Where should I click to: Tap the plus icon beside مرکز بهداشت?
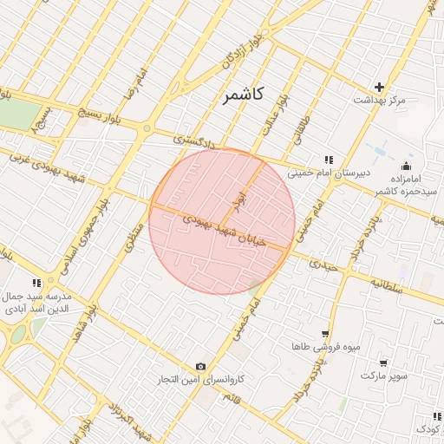click(379, 87)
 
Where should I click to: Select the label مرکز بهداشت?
click(379, 101)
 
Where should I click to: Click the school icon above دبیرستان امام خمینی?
click(329, 160)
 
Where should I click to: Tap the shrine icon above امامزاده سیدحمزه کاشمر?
click(406, 166)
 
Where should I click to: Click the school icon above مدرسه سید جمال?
click(36, 283)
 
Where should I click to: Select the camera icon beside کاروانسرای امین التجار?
click(201, 367)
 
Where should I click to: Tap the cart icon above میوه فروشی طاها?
click(324, 334)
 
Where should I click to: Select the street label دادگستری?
click(190, 138)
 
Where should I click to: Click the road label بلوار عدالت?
click(272, 115)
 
